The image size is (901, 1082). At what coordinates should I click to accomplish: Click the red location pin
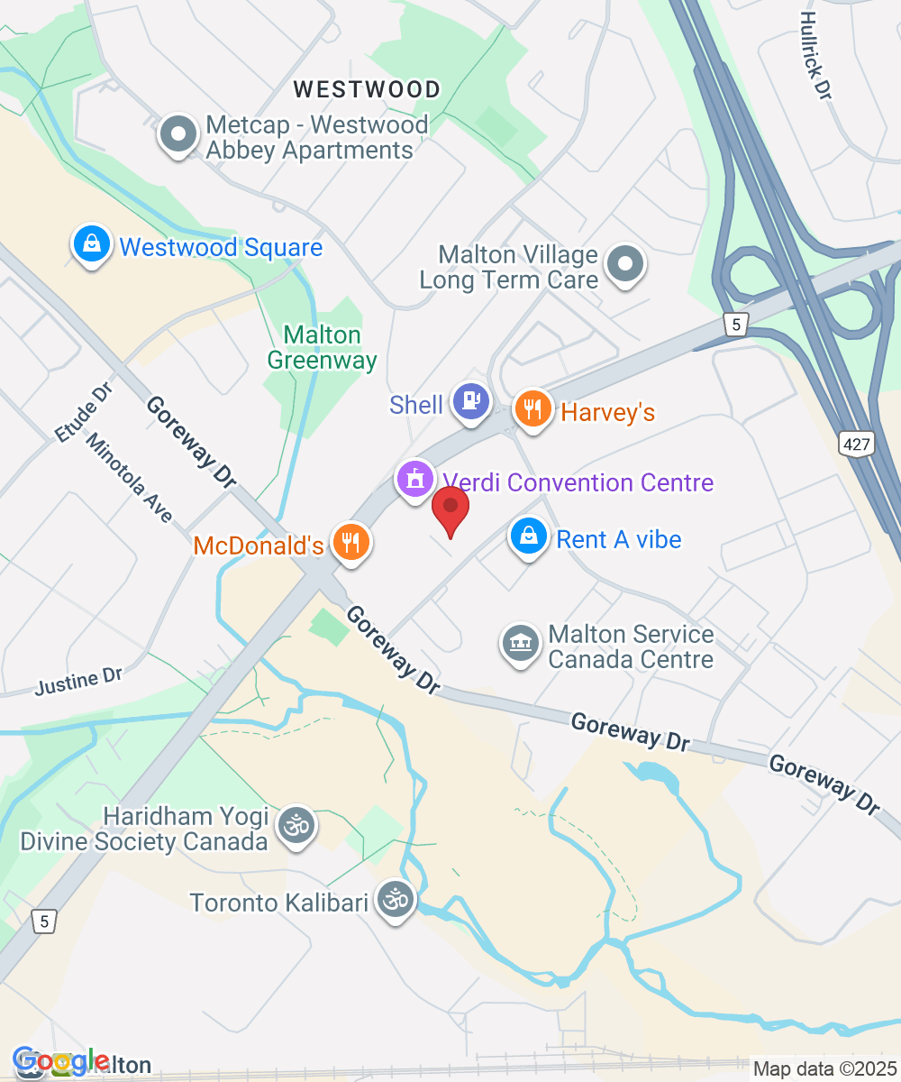tap(450, 509)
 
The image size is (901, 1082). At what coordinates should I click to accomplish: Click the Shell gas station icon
tap(470, 400)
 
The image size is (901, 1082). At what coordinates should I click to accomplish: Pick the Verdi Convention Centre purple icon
tap(414, 479)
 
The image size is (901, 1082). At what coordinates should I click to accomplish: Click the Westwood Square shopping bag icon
tap(91, 243)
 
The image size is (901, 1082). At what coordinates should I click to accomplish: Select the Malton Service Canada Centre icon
tap(520, 644)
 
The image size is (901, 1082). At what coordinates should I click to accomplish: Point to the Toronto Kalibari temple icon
tap(394, 899)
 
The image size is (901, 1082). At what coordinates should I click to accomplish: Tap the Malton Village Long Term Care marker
tap(624, 264)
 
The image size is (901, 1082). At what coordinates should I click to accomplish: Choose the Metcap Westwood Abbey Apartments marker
tap(178, 135)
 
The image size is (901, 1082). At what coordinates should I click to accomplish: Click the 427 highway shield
tap(854, 442)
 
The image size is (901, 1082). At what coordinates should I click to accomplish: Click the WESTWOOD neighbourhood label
tap(367, 89)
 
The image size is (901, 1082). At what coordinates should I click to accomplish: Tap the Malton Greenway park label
tap(322, 347)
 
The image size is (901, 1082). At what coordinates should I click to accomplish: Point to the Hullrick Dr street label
tap(815, 55)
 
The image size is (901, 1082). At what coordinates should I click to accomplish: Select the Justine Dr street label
tap(78, 681)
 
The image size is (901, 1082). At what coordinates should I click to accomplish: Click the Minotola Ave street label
tap(129, 478)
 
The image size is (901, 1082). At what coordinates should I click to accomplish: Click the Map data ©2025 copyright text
tap(824, 1069)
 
